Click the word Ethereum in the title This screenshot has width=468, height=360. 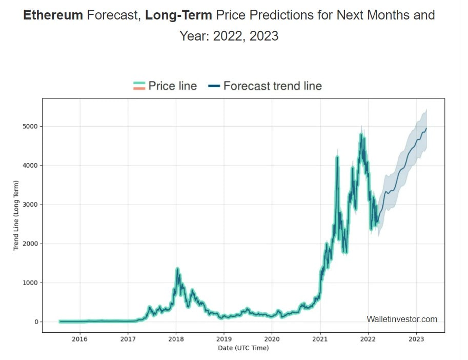pos(53,15)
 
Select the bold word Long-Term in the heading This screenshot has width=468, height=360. pos(178,15)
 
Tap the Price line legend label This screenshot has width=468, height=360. pos(172,86)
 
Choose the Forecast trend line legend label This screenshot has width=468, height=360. pos(272,86)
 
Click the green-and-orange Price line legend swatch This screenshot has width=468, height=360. pos(139,86)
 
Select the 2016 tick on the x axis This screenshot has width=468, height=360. pos(79,338)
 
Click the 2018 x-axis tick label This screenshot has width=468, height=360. pos(176,338)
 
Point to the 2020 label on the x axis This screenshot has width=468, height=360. pos(272,338)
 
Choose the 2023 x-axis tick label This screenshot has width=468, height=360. pos(416,338)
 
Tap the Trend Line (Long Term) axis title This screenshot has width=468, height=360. pos(16,215)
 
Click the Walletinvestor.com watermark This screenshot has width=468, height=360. pos(402,319)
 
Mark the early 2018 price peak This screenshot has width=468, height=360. pos(177,268)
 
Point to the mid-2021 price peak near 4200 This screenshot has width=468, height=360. pos(337,157)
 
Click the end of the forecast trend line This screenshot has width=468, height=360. pos(426,128)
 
